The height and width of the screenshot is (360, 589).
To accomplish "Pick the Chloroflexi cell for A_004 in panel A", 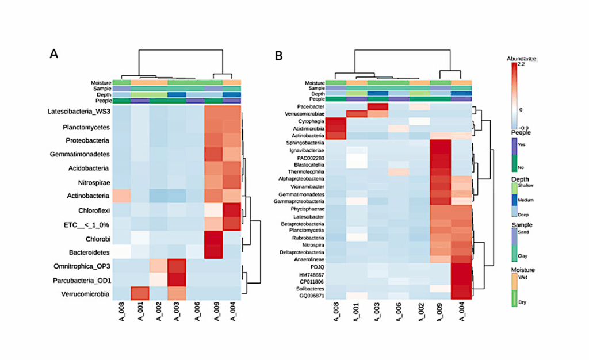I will tap(232, 210).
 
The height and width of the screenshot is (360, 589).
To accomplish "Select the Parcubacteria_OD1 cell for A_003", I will tap(177, 281).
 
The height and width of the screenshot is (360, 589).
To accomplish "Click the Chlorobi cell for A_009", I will tap(213, 239).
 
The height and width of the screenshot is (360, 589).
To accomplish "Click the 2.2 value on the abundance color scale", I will tap(519, 64).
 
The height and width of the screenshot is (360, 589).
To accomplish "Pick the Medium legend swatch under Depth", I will tap(514, 200).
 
